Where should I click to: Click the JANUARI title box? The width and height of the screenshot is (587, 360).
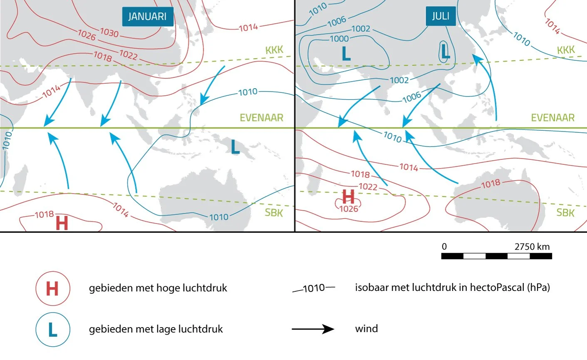coord(147,17)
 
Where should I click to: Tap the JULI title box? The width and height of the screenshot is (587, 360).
coord(441,16)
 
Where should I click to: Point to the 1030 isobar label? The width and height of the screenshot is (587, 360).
coord(109,32)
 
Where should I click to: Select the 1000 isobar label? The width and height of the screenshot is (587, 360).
coord(339,39)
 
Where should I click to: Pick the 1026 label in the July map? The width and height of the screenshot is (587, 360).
coord(349,209)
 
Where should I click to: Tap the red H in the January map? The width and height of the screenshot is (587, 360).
coord(62,223)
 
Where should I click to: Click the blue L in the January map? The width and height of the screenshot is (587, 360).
coord(235,147)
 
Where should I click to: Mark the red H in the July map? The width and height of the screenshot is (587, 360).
coord(348,196)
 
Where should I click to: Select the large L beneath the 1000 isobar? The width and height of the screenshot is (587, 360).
coord(346,54)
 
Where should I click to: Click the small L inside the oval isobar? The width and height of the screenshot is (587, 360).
coord(445,52)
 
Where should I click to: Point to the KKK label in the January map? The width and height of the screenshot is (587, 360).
coord(274,50)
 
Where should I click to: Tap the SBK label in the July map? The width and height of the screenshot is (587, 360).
coord(565,213)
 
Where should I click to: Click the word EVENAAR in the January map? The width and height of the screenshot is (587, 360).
coord(261,118)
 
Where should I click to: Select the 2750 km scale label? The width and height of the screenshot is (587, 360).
coord(532,246)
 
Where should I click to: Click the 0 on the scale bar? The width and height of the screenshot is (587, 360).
coord(444,246)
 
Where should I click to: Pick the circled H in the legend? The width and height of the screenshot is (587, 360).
coord(52,288)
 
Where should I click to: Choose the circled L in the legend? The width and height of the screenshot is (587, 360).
coord(52,330)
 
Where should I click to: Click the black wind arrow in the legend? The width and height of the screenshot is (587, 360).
coord(313,329)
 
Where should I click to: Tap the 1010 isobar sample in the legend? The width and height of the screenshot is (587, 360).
coord(314,288)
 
